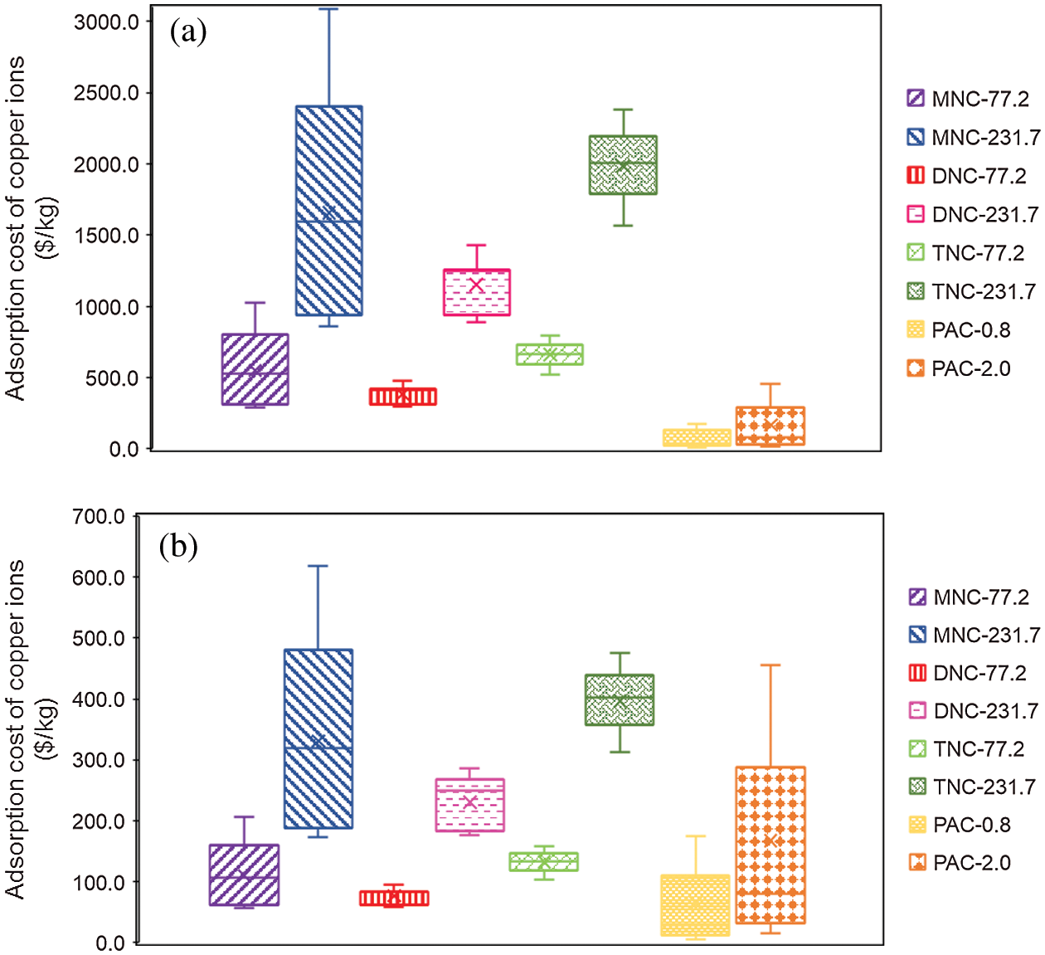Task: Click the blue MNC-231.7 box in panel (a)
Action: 329,211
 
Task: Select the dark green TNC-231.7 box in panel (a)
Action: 623,165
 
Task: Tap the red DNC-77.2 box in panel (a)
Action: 403,397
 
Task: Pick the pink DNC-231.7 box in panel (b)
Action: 470,805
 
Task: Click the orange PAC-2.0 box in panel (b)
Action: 770,845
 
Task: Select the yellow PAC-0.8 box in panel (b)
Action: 695,905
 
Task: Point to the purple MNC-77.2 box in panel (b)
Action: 244,875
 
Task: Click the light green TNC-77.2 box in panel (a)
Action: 549,354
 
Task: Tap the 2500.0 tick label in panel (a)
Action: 106,93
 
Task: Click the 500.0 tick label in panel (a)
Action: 113,378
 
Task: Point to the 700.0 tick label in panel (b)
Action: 98,517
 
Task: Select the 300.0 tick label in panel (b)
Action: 98,760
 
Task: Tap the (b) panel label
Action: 179,547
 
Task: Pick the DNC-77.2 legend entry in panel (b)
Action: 968,673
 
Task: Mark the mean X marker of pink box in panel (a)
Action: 476,285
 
